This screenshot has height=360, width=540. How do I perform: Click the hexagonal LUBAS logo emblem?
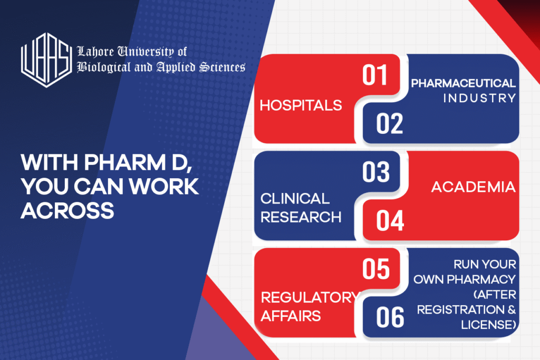point(46,60)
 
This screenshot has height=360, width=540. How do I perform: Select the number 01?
point(375,75)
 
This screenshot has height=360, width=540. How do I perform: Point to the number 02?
point(389,123)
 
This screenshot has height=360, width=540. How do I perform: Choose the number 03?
point(375,172)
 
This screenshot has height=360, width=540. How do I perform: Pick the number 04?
point(390,221)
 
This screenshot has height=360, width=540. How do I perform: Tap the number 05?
point(375,269)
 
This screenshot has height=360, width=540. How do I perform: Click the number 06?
point(390,317)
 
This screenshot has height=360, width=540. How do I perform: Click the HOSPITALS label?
point(301,105)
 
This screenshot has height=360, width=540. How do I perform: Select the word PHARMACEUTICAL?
point(463,83)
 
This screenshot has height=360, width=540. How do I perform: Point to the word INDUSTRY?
point(479,99)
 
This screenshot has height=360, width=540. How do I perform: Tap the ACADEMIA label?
point(474,187)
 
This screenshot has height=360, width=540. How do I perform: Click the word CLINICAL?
point(295,199)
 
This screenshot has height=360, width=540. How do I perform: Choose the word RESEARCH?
point(301,217)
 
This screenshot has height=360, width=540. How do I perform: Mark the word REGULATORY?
point(310,297)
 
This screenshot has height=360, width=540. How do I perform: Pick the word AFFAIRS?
point(291,316)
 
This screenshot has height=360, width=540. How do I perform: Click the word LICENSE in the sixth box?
point(488,325)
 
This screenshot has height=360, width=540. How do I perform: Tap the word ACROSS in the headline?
point(67,210)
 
